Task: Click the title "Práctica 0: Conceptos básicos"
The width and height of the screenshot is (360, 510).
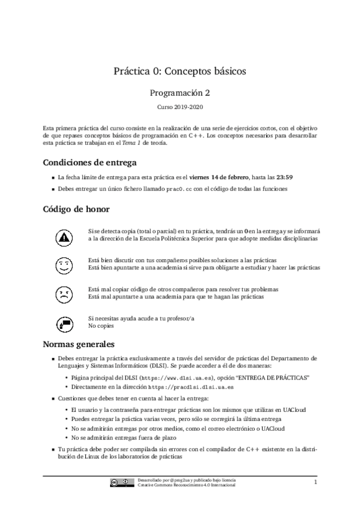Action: coord(180,72)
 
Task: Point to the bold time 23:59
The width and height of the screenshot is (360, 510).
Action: coord(284,177)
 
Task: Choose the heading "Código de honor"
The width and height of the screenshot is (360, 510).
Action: coord(76,209)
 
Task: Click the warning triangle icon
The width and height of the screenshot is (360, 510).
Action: coord(63,236)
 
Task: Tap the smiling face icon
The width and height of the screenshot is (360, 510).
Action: coord(63,265)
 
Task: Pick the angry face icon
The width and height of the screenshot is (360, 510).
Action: coord(63,294)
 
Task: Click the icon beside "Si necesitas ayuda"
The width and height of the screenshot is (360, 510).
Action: coord(63,323)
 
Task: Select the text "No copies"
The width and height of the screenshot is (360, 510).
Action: coord(101,326)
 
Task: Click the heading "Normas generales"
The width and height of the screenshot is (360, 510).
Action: coord(78,345)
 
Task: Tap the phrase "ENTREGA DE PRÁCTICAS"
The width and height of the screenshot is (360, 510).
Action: coord(273,377)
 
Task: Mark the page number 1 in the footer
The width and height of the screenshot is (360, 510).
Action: coord(314,482)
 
